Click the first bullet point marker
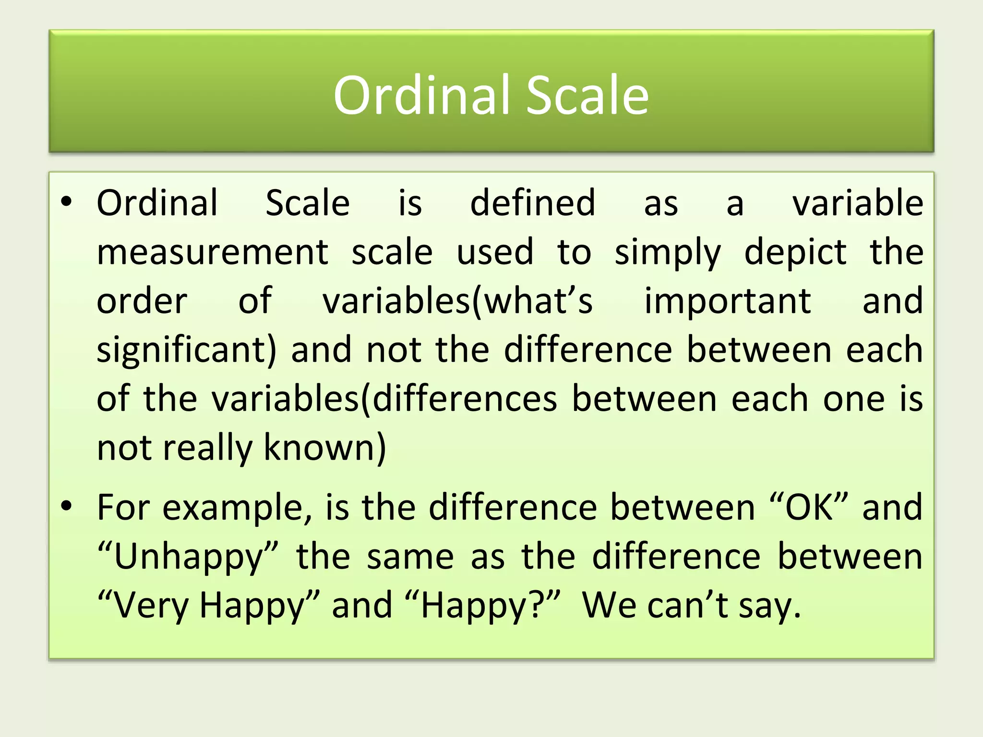[x=66, y=202]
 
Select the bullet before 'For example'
[x=66, y=506]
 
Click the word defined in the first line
[x=532, y=203]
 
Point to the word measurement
[x=212, y=253]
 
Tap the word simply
[x=668, y=253]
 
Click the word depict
[x=795, y=253]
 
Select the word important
[x=727, y=301]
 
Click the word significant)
[x=187, y=350]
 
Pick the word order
[x=142, y=301]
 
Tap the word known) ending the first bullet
[x=325, y=447]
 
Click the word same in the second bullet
[x=410, y=557]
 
